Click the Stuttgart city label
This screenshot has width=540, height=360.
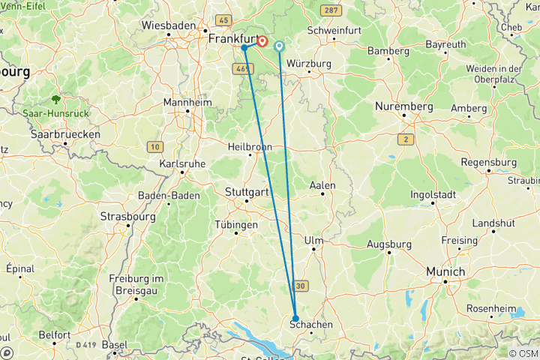[x=245, y=191]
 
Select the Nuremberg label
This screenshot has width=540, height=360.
[x=404, y=106]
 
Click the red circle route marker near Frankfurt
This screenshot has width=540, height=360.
[x=262, y=41]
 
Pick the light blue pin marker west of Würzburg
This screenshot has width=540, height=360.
[x=280, y=46]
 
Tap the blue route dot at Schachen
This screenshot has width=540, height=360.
[x=295, y=317]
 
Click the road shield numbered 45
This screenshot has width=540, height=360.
[x=223, y=19]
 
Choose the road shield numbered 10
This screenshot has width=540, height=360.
[x=154, y=146]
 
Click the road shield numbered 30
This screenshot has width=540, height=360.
[x=301, y=286]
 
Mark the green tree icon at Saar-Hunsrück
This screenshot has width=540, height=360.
[x=56, y=98]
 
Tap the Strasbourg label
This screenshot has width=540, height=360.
[x=127, y=217]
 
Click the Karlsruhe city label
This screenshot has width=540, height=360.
[x=182, y=163]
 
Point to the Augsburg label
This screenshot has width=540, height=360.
[x=389, y=244]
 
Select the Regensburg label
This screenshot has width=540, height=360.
[x=489, y=163]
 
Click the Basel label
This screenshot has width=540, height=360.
[x=115, y=345]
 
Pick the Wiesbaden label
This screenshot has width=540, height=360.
[x=168, y=23]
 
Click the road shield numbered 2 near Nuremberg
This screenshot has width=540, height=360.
[x=406, y=139]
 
